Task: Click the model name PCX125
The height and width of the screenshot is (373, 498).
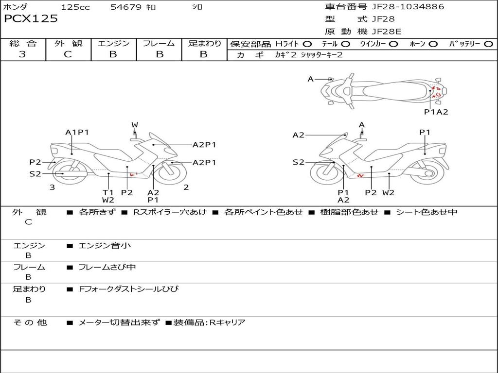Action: [x=31, y=19]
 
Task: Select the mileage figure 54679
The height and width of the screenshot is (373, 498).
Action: [x=126, y=7]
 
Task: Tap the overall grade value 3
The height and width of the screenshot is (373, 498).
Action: [x=22, y=54]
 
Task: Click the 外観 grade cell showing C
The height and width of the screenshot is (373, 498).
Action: [x=68, y=54]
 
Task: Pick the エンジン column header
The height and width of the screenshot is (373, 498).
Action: [x=113, y=44]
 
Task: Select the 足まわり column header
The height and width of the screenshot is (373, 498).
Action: [x=205, y=44]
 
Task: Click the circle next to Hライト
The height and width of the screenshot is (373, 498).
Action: [x=307, y=44]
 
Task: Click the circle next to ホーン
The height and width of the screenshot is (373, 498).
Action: [x=433, y=44]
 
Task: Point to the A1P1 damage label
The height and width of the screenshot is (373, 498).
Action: [x=77, y=132]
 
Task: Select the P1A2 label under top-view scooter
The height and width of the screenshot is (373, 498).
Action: [x=436, y=112]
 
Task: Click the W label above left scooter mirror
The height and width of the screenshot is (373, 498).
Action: [x=135, y=125]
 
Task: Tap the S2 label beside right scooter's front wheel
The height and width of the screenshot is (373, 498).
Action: [x=299, y=162]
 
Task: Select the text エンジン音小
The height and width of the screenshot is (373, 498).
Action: [x=105, y=246]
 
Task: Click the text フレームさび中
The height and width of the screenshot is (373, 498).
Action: [x=107, y=267]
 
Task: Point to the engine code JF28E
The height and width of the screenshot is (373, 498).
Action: [x=386, y=32]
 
